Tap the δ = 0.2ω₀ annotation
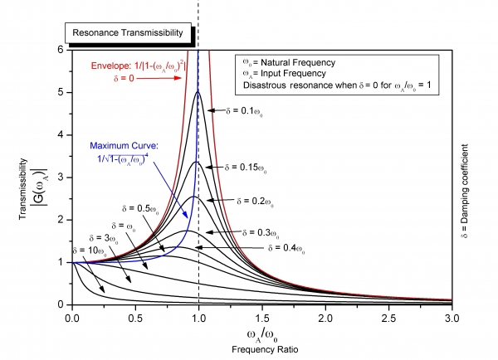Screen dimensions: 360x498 (x=264, y=201)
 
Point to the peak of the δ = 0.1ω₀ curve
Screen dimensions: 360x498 (x=198, y=91)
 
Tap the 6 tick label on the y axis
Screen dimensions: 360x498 (x=62, y=50)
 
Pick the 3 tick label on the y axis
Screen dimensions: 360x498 (x=62, y=177)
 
